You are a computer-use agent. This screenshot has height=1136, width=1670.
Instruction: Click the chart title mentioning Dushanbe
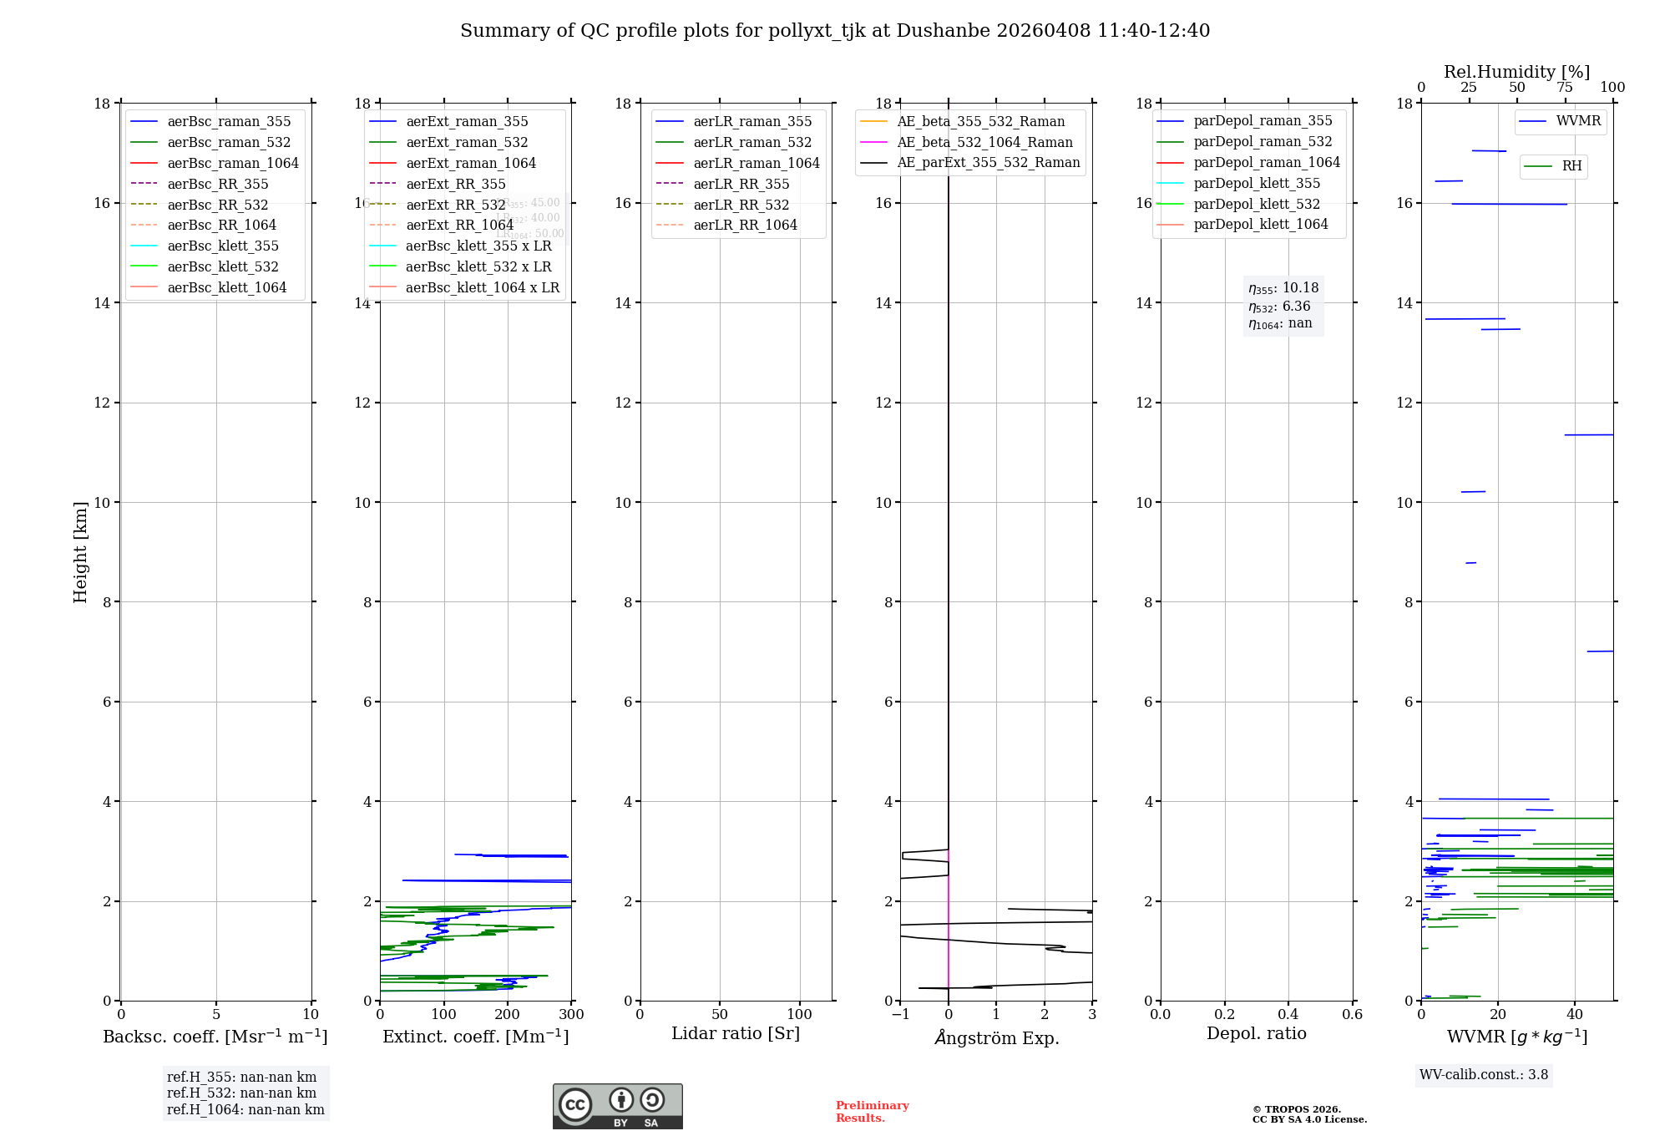(835, 31)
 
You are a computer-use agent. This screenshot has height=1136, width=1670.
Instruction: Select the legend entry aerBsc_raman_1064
(232, 163)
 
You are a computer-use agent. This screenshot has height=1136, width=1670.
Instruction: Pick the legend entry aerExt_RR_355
(455, 184)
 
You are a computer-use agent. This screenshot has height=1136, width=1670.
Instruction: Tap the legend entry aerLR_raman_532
(751, 142)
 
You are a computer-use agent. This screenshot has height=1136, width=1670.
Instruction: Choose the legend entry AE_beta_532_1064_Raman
(984, 142)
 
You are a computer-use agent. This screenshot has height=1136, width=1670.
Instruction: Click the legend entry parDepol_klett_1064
(1260, 224)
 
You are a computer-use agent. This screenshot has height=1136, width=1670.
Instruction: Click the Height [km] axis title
(80, 552)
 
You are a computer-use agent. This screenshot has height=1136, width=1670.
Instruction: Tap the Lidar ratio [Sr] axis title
(736, 1033)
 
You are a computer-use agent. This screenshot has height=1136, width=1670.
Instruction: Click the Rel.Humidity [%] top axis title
(1516, 72)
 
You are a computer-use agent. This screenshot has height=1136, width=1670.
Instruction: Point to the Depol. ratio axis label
(1256, 1033)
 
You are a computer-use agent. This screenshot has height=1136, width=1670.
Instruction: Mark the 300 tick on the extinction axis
(572, 1015)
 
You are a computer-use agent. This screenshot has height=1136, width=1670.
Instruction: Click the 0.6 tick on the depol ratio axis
(1352, 1015)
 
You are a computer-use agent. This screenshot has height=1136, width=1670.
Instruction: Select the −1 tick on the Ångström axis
(900, 1015)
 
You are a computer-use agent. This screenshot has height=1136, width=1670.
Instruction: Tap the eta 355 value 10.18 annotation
(1283, 288)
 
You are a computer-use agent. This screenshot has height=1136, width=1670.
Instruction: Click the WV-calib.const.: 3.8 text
(1484, 1075)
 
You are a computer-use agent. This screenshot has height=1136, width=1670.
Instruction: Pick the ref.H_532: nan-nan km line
(241, 1093)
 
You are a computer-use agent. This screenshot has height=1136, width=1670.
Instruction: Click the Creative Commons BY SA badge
(617, 1106)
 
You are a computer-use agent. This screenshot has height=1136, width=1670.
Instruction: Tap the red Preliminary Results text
(872, 1112)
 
